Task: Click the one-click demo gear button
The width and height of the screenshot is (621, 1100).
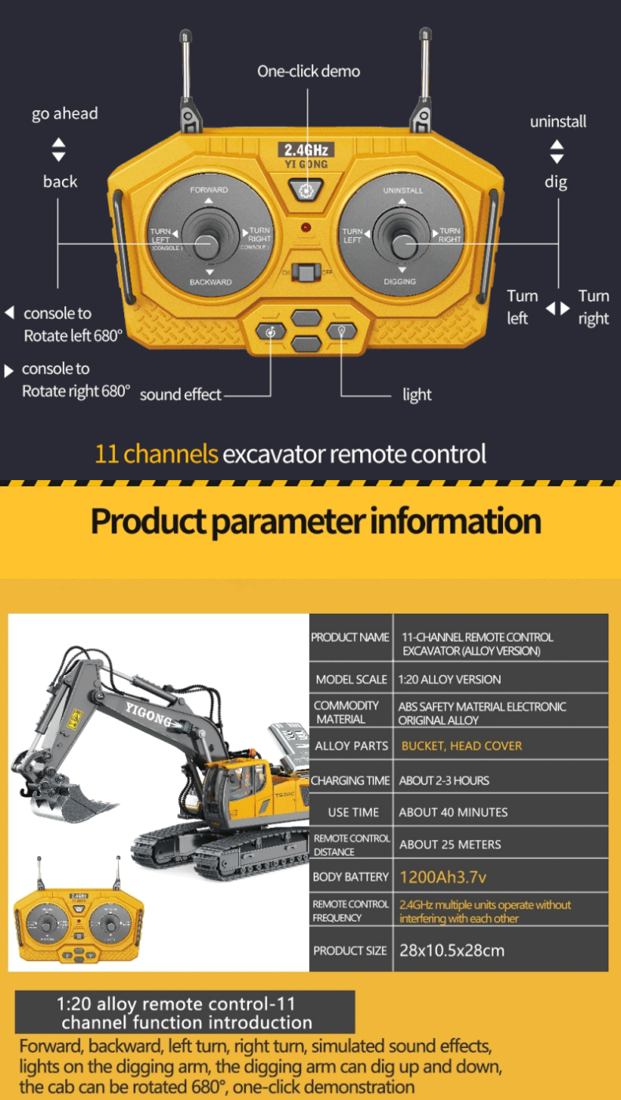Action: point(306,190)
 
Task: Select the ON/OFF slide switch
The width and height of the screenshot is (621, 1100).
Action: point(305,272)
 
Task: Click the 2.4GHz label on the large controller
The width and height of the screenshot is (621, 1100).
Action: point(308,150)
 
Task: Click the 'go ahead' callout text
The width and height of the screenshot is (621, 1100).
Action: point(64,114)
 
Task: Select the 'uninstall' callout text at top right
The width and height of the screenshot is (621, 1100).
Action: point(557,122)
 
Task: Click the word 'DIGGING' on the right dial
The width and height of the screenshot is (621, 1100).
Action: point(400,281)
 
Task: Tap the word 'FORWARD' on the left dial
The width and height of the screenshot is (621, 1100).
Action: point(208,190)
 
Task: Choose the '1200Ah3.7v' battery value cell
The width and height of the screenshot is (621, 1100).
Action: point(438,877)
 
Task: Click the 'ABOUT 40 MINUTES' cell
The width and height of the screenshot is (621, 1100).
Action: point(453,812)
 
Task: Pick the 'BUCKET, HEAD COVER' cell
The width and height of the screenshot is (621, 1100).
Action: point(461,746)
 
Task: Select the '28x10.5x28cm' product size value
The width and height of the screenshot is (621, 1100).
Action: point(451,951)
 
